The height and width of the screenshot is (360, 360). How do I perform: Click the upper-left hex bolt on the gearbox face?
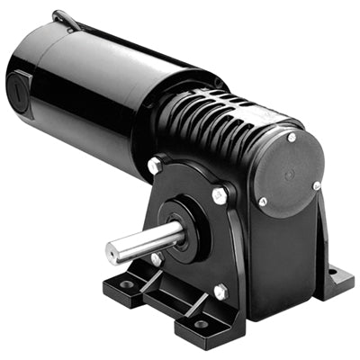tap(154, 167)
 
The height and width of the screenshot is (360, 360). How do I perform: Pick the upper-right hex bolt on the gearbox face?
tap(219, 195)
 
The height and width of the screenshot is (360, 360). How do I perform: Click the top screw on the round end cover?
tap(292, 138)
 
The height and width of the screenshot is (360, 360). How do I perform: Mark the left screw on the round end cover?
tap(262, 202)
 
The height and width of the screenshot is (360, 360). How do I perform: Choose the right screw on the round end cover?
tap(316, 185)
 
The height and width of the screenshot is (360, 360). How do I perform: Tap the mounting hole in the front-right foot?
tap(199, 324)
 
